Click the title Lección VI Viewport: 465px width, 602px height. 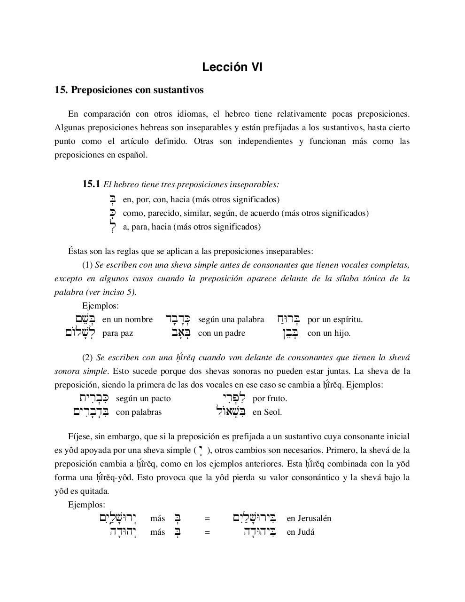[232, 67]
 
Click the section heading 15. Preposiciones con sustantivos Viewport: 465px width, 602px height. [129, 90]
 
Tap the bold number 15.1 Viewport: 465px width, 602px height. [91, 184]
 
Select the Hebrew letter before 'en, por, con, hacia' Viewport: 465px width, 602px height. [112, 199]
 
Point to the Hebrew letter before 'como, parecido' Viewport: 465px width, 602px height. [112, 213]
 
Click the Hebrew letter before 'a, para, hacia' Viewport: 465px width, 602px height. [112, 226]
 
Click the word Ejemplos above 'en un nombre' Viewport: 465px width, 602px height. [100, 306]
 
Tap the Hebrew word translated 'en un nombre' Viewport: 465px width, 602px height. [85, 319]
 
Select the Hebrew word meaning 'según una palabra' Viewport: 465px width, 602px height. [178, 319]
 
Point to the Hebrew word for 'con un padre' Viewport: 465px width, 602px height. [181, 333]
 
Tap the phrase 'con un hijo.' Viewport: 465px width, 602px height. [329, 333]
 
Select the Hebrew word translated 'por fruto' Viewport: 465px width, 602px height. [234, 398]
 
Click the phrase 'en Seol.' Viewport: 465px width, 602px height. [267, 412]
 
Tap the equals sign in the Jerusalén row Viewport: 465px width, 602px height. [207, 518]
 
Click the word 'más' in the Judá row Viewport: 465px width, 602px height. [158, 532]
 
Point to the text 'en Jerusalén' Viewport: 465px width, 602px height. [309, 518]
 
